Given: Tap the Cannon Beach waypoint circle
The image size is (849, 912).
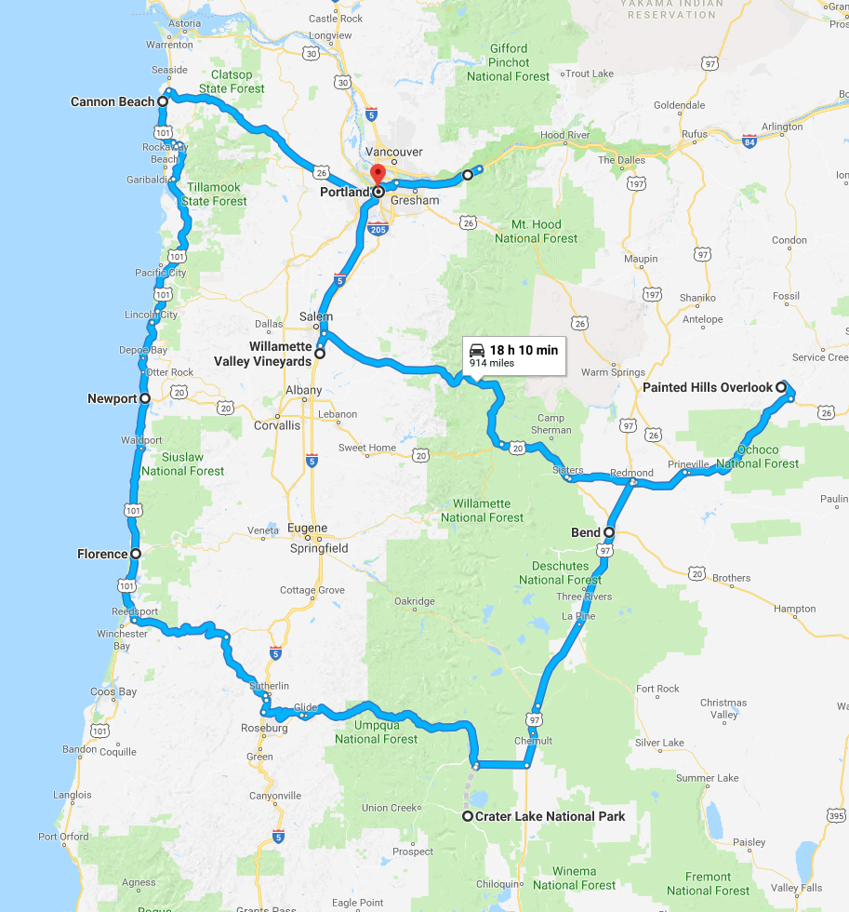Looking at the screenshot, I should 162,101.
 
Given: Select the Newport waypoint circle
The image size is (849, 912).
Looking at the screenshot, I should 145,398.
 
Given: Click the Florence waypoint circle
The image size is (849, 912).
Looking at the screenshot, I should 136,554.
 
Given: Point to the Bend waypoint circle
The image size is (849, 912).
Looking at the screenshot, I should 609,532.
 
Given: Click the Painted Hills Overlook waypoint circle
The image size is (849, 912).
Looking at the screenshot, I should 782,386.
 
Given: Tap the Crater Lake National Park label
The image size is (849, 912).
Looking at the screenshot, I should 550,816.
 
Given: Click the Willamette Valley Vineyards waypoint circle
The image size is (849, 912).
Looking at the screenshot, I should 320,354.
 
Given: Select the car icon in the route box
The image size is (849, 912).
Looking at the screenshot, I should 477,350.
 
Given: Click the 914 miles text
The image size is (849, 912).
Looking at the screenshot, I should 492,364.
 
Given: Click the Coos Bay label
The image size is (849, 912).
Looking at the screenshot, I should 113,692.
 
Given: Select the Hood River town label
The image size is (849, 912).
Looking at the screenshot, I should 564,135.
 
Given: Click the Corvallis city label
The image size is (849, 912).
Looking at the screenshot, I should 277,425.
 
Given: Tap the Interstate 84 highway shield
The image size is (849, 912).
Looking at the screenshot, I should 750,141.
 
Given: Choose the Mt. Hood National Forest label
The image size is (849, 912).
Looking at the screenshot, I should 536,231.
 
